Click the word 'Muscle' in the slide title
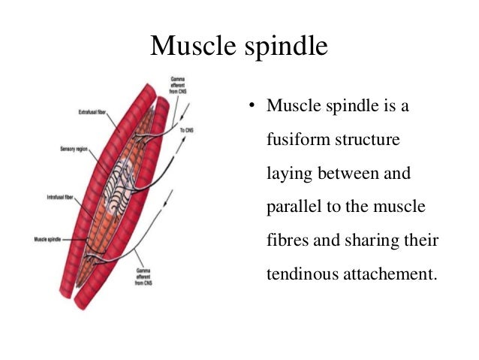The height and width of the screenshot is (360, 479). (x=194, y=46)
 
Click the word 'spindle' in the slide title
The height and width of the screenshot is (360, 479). (x=286, y=47)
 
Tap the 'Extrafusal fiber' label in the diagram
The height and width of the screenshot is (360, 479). (x=93, y=113)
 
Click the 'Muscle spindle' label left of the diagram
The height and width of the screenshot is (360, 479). (x=53, y=240)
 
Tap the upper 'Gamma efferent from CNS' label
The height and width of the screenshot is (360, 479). (x=178, y=85)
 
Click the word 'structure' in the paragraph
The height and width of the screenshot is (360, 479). (x=371, y=141)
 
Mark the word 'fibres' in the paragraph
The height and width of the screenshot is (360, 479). (x=286, y=240)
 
